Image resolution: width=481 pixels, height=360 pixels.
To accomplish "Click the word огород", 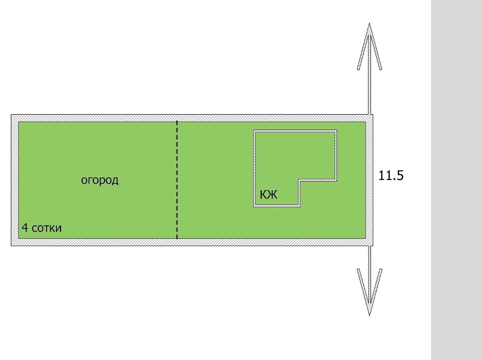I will tap(100, 180).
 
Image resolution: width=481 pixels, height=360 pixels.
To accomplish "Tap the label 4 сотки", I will tap(41, 228).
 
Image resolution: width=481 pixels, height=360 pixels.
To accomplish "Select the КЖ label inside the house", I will tap(268, 195).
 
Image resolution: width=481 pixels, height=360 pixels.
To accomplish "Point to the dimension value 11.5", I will tap(391, 175).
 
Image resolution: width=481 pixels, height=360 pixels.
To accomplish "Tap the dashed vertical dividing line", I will tap(177, 180).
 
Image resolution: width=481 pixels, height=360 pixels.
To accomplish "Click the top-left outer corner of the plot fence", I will tap(11, 115).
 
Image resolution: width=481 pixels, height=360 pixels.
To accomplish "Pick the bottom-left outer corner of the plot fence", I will tap(11, 245).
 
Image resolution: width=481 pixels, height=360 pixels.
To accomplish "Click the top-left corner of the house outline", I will tap(254, 130).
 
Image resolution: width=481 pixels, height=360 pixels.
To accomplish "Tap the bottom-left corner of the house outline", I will tap(254, 207).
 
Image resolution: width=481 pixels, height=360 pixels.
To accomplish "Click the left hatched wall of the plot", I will tap(15, 180).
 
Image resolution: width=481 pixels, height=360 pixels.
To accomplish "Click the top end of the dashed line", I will tap(177, 122).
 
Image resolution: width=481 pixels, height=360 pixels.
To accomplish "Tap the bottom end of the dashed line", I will tap(177, 238).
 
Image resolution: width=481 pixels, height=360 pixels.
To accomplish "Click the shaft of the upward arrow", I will tap(370, 86).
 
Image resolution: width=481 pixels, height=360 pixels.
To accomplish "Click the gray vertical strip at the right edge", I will tap(456, 180).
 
